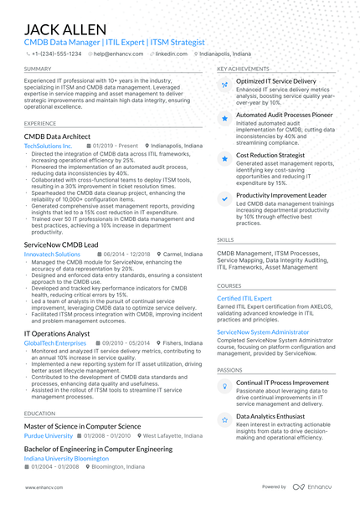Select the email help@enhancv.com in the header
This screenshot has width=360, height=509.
pos(118,53)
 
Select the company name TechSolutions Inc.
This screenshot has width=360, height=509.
pos(49,146)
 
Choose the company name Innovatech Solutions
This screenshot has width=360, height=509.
pos(53,254)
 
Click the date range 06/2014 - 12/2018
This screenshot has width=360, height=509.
pos(126,254)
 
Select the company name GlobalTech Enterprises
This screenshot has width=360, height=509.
pos(55,343)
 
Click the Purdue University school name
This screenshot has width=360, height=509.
pos(49,436)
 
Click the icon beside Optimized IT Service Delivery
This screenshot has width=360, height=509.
pos(224,85)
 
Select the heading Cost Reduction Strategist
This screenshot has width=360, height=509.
pos(270,156)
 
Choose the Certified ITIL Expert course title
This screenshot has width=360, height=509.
pos(244,298)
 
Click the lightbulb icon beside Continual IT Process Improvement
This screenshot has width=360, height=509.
pos(224,386)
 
